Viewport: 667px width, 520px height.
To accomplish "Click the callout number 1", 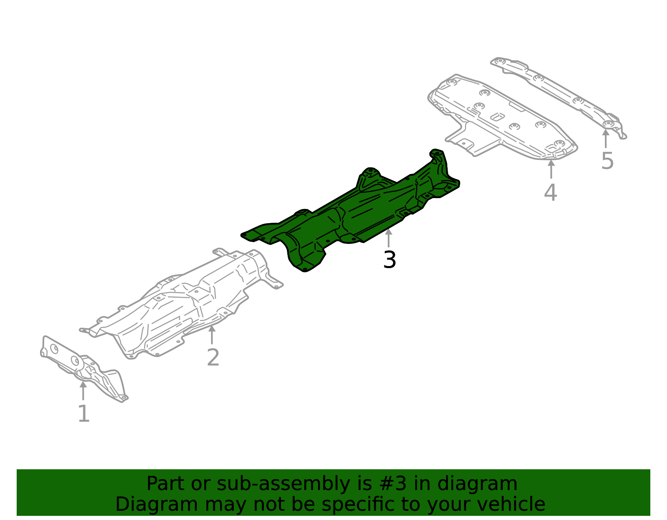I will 84,414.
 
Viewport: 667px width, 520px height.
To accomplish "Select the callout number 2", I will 213,358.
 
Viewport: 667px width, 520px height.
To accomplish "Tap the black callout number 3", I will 389,260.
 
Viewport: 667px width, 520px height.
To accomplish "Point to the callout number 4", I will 551,193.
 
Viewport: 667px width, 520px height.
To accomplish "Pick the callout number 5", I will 607,161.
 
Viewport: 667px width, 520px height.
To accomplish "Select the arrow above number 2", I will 212,334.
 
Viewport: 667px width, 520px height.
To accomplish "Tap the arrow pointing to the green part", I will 389,238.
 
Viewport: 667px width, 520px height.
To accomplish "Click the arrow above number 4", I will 551,169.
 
